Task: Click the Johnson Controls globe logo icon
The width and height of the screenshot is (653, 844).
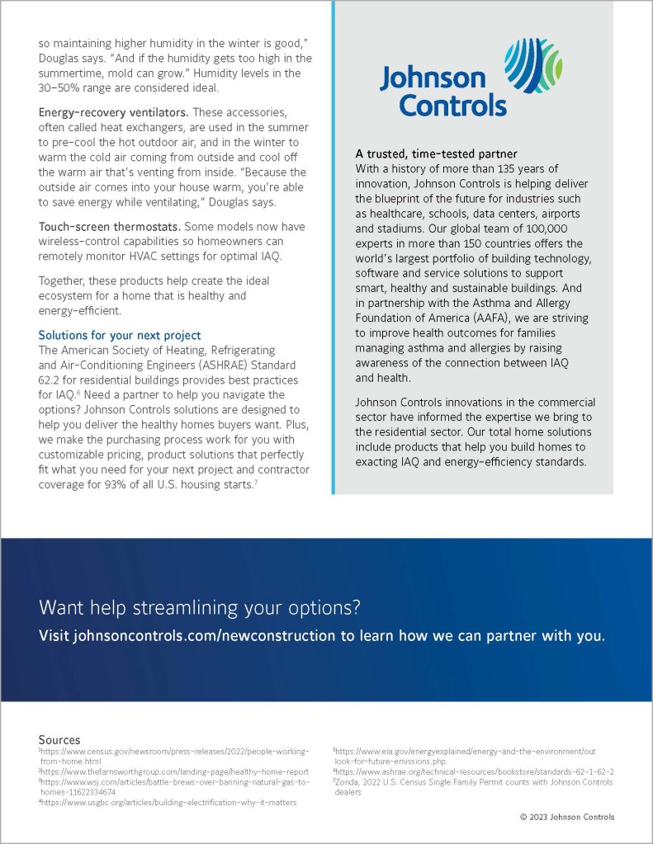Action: [537, 65]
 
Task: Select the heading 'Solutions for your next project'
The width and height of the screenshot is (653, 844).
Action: [120, 335]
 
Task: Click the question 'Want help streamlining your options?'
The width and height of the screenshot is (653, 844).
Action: [200, 609]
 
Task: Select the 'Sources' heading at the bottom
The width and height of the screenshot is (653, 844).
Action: [59, 740]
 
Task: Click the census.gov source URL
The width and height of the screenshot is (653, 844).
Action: [174, 752]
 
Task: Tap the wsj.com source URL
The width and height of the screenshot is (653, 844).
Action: [174, 781]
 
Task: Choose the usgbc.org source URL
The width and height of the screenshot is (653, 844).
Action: [169, 801]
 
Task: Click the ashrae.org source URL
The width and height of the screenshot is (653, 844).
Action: [475, 771]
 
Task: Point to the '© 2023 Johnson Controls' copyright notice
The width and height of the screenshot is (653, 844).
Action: [567, 817]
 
